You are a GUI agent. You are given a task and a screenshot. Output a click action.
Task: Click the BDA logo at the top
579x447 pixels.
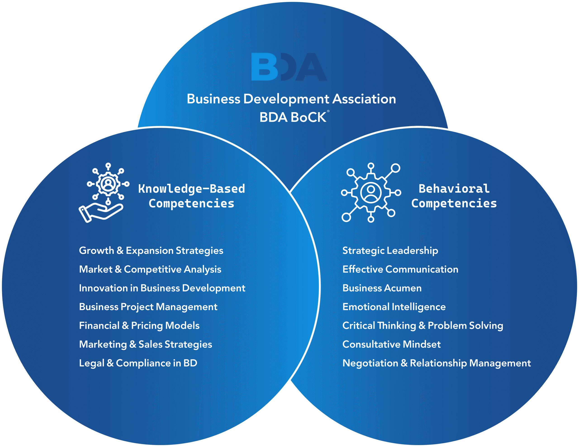[289, 67]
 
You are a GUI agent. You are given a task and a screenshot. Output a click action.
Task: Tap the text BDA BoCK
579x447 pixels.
[293, 117]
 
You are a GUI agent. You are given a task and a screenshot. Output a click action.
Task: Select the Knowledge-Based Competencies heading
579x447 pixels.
[191, 196]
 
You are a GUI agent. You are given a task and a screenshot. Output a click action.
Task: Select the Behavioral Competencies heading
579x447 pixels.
[454, 196]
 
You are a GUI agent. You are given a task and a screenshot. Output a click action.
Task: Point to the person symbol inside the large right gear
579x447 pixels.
[371, 193]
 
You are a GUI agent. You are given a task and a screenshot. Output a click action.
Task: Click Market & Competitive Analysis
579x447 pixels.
[150, 270]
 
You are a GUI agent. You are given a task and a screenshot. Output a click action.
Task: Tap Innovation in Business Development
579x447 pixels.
[162, 288]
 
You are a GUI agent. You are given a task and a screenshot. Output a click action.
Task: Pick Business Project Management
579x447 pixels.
[148, 307]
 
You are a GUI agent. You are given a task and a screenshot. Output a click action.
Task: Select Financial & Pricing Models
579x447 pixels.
[139, 326]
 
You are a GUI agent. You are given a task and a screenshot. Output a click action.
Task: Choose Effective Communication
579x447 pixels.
[400, 270]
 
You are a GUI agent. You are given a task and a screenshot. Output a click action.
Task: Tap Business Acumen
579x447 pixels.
[382, 288]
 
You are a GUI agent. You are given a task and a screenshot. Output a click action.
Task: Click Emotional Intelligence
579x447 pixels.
[394, 307]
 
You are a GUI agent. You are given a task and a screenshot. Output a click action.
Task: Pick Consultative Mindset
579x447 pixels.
[392, 344]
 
